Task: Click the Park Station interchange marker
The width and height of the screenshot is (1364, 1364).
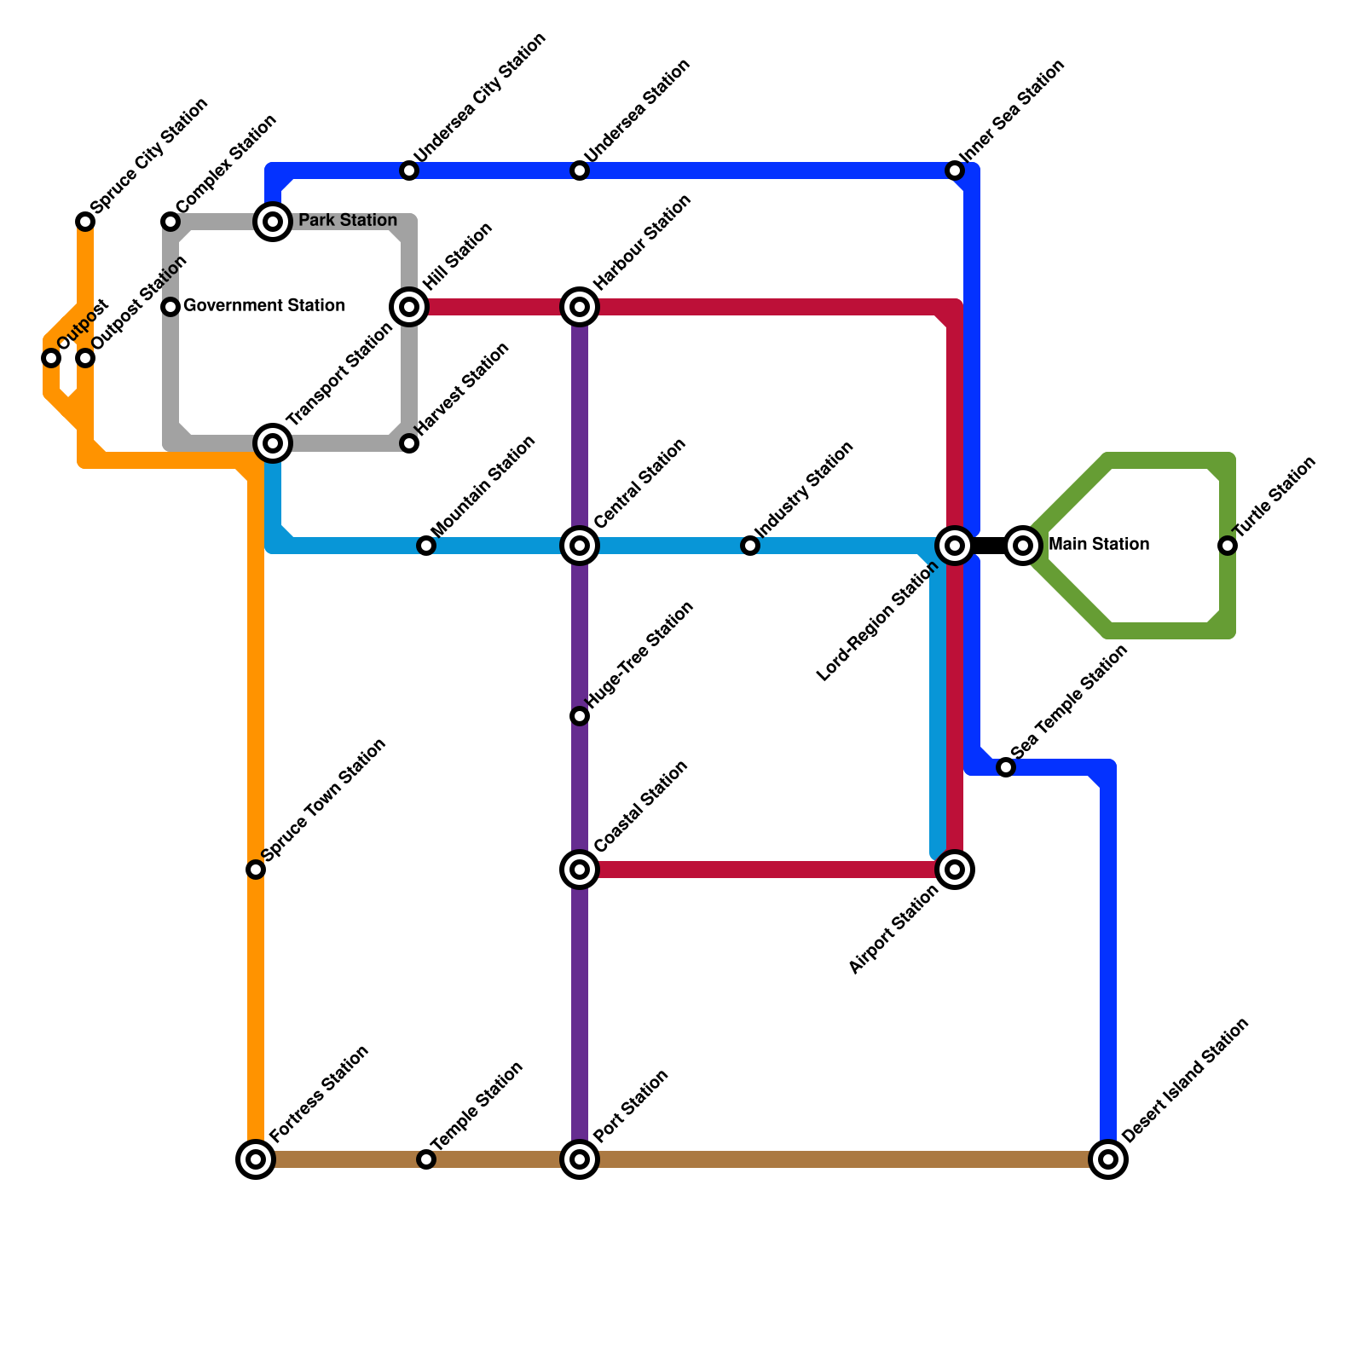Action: (273, 222)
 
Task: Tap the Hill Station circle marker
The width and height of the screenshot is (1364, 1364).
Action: (409, 307)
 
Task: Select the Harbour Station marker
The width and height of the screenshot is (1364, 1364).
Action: (580, 307)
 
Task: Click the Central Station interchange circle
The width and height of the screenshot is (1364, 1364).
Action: (580, 546)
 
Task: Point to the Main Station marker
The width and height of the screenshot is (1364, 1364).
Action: (1023, 546)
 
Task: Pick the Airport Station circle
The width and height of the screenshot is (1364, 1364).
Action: (955, 870)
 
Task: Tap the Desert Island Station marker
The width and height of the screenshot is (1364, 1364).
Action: (1108, 1159)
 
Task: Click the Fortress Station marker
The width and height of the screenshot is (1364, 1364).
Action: (256, 1159)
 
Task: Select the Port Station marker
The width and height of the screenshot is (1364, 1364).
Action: (580, 1159)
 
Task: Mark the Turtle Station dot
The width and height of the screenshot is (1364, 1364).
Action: (1228, 546)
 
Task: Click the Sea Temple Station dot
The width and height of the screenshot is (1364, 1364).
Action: (1006, 767)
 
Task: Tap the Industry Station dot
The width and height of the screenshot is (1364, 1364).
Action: (750, 546)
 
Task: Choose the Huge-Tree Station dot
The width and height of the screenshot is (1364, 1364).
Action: (580, 716)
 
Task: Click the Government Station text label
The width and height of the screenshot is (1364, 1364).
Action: (263, 305)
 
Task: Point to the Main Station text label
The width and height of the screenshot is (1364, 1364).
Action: (1098, 544)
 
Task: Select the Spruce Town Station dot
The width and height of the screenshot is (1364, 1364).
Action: (256, 870)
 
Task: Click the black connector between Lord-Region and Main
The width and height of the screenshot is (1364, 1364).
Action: (989, 546)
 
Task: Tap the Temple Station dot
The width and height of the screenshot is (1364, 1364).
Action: (426, 1159)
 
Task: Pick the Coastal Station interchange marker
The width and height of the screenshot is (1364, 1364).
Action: (580, 870)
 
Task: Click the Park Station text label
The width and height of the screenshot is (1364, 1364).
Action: (347, 221)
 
